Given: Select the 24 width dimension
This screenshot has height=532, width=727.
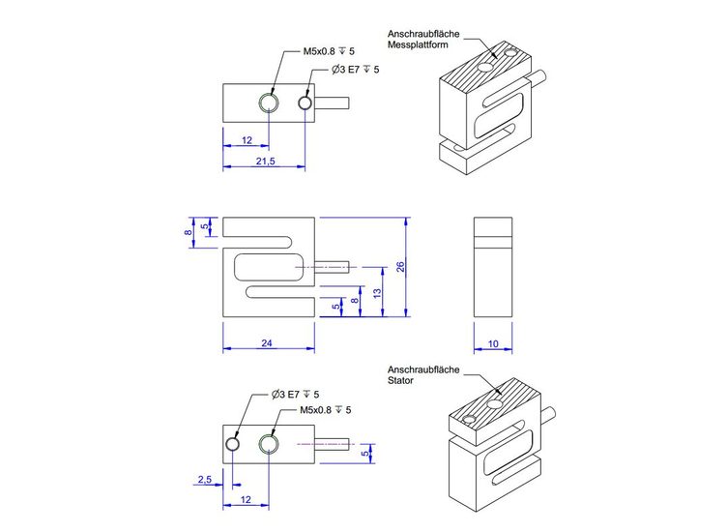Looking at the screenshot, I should point(267,343).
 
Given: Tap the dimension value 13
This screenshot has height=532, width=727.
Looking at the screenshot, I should point(377,292).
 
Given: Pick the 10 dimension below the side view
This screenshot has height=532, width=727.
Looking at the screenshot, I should point(493,343).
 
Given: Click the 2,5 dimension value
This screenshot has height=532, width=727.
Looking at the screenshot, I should point(204,480).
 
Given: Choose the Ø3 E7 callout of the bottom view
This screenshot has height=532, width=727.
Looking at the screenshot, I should point(296,395).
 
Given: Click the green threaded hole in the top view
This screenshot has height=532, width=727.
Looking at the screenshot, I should point(268,103).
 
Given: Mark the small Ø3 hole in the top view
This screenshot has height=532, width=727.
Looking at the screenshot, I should point(305,103).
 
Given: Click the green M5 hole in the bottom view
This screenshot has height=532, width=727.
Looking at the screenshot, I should point(268,443).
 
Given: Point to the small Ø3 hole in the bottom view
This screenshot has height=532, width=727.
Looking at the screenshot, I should point(232,443).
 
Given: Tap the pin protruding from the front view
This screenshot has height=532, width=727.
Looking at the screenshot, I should point(334,266).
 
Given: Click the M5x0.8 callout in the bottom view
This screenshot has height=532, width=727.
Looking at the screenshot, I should point(328,410).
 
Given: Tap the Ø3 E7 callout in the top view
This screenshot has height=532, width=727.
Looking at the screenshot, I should point(355,70).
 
